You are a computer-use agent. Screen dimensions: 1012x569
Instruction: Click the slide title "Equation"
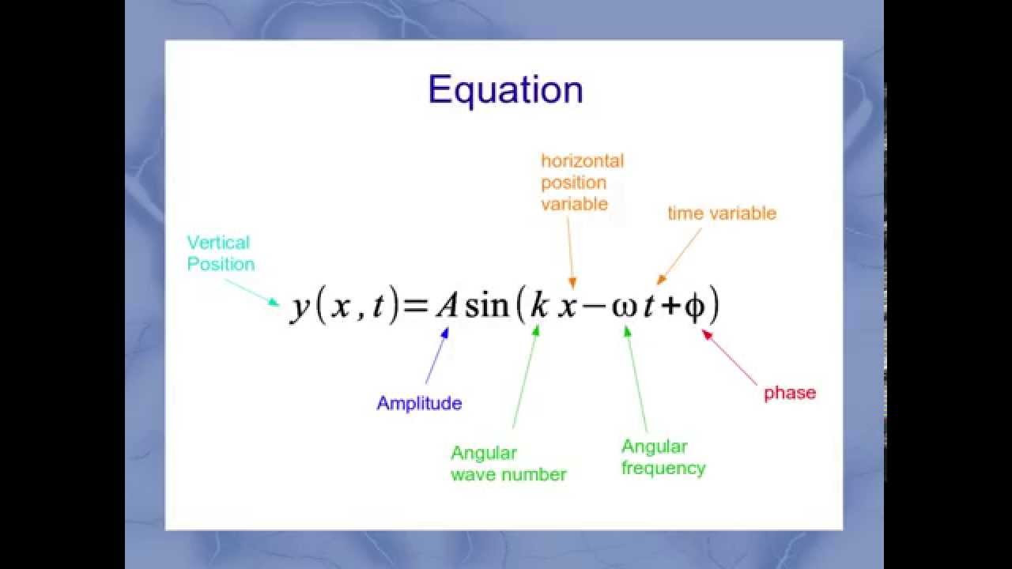coord(505,90)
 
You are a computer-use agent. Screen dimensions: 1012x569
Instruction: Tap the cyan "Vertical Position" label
coord(221,254)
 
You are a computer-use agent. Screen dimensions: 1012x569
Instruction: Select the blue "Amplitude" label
coord(419,403)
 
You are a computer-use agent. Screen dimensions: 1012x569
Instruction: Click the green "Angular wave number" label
coord(508,464)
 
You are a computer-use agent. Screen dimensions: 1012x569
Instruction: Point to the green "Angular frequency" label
coord(663,458)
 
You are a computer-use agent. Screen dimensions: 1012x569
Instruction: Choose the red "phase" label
coord(790,394)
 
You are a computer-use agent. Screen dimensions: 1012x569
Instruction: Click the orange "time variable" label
coord(722,213)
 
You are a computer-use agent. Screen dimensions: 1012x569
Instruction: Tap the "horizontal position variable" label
coord(583,183)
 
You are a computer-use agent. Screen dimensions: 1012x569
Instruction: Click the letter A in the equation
coord(447,306)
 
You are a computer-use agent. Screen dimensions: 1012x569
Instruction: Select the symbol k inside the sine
coord(539,305)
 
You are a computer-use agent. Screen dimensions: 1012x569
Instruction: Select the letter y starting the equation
coord(300,310)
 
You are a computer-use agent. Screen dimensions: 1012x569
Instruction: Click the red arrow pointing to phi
coord(729,357)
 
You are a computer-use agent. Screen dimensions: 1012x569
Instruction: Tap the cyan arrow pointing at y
coord(252,292)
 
